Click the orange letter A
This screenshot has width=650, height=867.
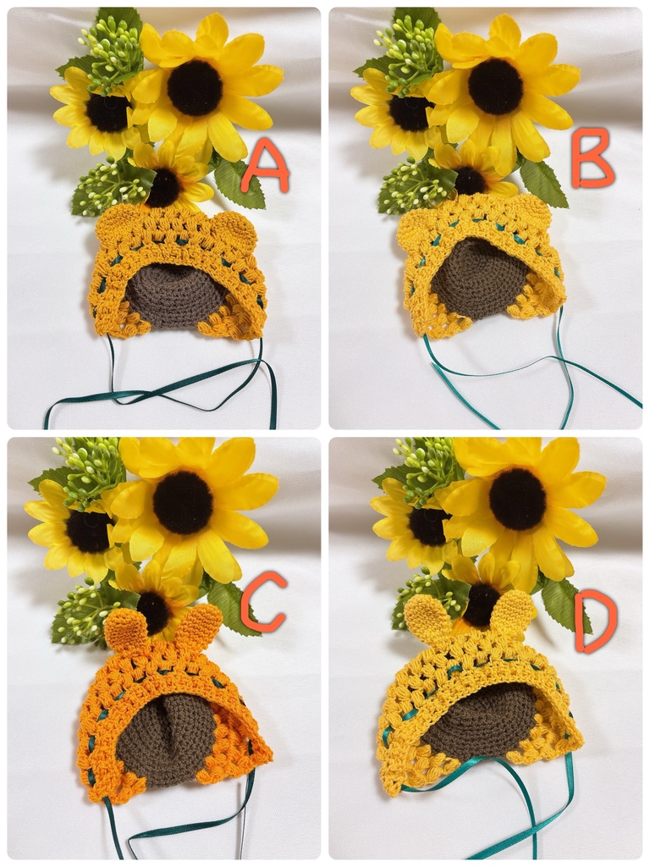(x=265, y=166)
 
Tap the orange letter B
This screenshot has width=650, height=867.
(x=592, y=158)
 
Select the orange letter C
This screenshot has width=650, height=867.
(x=263, y=602)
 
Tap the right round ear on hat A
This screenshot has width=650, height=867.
(x=234, y=228)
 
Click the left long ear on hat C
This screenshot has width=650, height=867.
(x=125, y=629)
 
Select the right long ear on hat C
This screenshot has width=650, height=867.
(x=199, y=625)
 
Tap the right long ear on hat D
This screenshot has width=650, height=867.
(x=514, y=613)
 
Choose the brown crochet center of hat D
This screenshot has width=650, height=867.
(x=479, y=720)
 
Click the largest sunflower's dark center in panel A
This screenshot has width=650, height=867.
(x=196, y=87)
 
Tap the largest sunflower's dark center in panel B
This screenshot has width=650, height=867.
(x=496, y=86)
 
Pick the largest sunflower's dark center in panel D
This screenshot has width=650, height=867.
(x=519, y=499)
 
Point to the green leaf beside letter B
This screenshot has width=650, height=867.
(x=544, y=184)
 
